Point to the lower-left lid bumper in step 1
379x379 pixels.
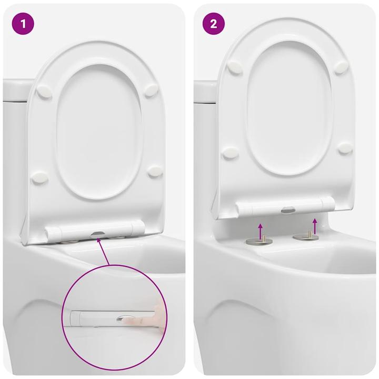[x=40, y=178]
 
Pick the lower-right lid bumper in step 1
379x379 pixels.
[x=155, y=171]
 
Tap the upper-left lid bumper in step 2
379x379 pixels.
[x=234, y=67]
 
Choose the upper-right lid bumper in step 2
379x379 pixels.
[x=341, y=67]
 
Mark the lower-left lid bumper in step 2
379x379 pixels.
[x=231, y=153]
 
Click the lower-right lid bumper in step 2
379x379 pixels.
[x=345, y=149]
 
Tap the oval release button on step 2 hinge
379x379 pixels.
[x=289, y=209]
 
